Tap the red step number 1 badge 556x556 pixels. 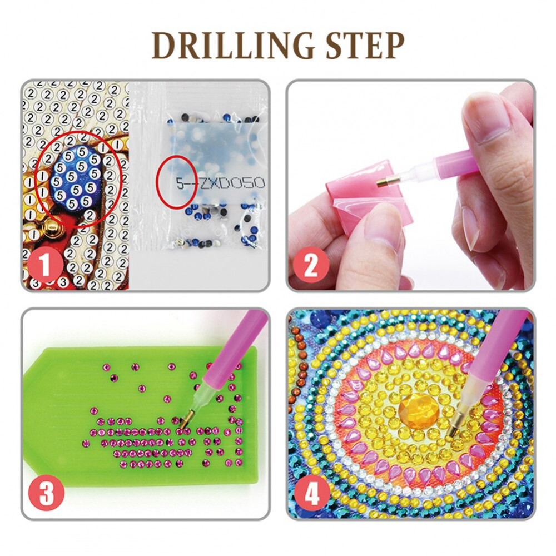click(45, 265)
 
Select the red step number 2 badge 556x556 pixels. click(311, 265)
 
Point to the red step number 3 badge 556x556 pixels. click(47, 493)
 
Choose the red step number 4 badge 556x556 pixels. click(312, 493)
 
